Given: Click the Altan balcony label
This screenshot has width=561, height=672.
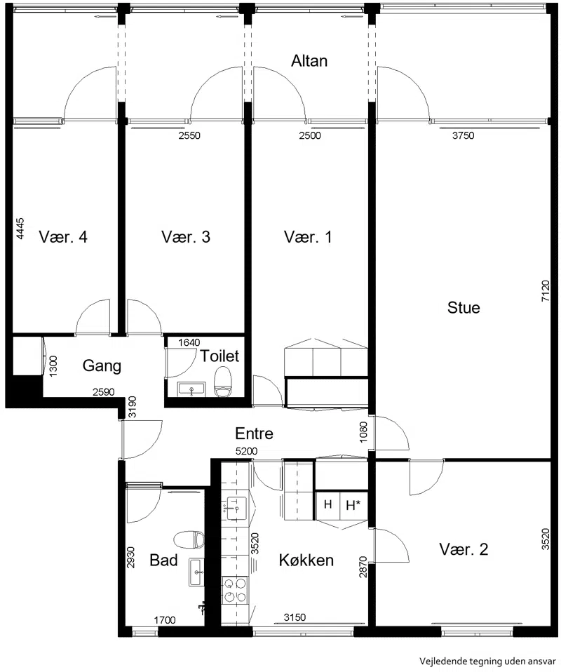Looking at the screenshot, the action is click(x=309, y=61).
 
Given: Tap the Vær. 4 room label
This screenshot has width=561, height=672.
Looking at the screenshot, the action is click(x=63, y=236).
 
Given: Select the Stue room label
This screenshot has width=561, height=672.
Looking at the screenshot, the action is click(x=464, y=307).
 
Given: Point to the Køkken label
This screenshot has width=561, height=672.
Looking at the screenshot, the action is click(x=306, y=560).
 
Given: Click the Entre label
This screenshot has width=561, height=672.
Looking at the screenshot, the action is click(x=254, y=434).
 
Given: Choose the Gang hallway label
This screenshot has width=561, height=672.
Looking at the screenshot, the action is click(x=102, y=365).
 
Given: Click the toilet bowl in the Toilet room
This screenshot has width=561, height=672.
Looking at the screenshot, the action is click(x=222, y=382).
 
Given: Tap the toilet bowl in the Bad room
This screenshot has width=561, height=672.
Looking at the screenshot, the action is click(x=189, y=539).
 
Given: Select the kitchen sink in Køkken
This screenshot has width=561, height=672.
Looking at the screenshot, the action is click(x=236, y=509).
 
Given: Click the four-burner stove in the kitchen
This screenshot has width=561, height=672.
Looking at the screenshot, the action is click(x=235, y=590).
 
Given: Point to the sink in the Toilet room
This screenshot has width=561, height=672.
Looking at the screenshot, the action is click(x=191, y=389).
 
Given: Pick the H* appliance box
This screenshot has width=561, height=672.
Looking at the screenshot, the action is click(x=353, y=505).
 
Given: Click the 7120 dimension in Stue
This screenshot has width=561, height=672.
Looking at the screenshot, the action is click(x=545, y=291).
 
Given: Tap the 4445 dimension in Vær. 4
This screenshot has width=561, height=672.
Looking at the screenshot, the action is click(x=20, y=229).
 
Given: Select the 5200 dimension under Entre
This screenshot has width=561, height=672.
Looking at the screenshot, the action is click(x=246, y=451).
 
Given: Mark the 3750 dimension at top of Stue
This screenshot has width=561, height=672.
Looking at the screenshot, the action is click(x=464, y=135).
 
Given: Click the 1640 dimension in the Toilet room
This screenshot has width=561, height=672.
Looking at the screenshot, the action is click(x=189, y=342).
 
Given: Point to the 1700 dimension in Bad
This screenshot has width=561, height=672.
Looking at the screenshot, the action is click(x=165, y=619).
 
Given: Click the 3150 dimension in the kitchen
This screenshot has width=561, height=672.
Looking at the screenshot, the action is click(x=295, y=617).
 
